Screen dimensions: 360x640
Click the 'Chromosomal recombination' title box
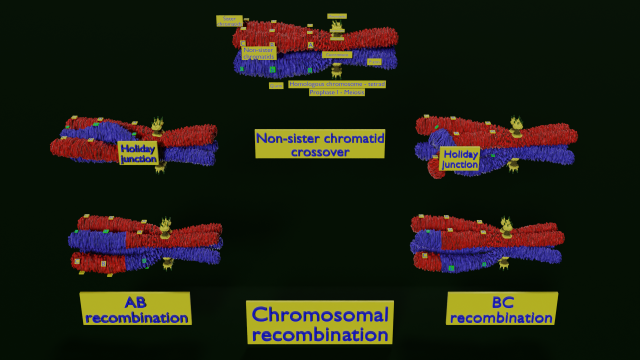(x=320, y=323)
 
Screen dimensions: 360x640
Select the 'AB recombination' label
(x=136, y=309)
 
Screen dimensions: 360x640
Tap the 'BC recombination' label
(x=501, y=309)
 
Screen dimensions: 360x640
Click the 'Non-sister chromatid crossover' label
(x=319, y=145)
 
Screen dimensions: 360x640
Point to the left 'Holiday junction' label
(x=138, y=153)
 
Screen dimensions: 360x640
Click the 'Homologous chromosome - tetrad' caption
(x=336, y=84)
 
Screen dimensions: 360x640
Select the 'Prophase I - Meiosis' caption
(x=337, y=92)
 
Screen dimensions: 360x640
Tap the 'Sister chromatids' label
(x=230, y=19)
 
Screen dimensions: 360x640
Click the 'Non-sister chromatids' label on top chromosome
(x=258, y=51)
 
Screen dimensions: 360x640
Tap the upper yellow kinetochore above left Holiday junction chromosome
(x=157, y=128)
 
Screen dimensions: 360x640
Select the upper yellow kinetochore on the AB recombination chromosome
(x=166, y=228)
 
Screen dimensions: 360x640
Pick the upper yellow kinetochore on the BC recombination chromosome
(x=504, y=227)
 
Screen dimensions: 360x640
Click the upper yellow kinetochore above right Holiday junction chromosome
(x=516, y=125)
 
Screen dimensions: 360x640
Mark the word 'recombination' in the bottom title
(x=320, y=335)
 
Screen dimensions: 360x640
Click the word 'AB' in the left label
(x=136, y=302)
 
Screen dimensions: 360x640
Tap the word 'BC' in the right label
(x=501, y=302)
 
